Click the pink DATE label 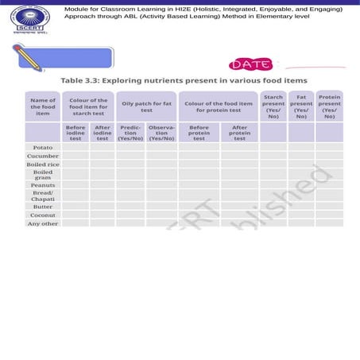pyautogui.click(x=250, y=64)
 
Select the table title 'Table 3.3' pyautogui.click(x=184, y=81)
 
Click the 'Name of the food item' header pyautogui.click(x=43, y=106)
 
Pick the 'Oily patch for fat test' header pyautogui.click(x=145, y=106)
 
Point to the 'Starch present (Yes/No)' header pyautogui.click(x=273, y=106)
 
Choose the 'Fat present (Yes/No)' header pyautogui.click(x=301, y=106)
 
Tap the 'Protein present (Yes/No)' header pyautogui.click(x=329, y=106)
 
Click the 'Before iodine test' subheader pyautogui.click(x=75, y=133)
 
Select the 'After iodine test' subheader pyautogui.click(x=103, y=133)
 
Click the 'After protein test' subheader pyautogui.click(x=239, y=133)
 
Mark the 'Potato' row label pyautogui.click(x=43, y=148)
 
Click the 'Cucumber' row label pyautogui.click(x=43, y=156)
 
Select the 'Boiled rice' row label pyautogui.click(x=43, y=165)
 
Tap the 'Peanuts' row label pyautogui.click(x=43, y=185)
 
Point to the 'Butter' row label pyautogui.click(x=43, y=206)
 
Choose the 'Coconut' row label pyautogui.click(x=43, y=215)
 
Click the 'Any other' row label pyautogui.click(x=43, y=224)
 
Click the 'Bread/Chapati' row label pyautogui.click(x=43, y=195)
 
